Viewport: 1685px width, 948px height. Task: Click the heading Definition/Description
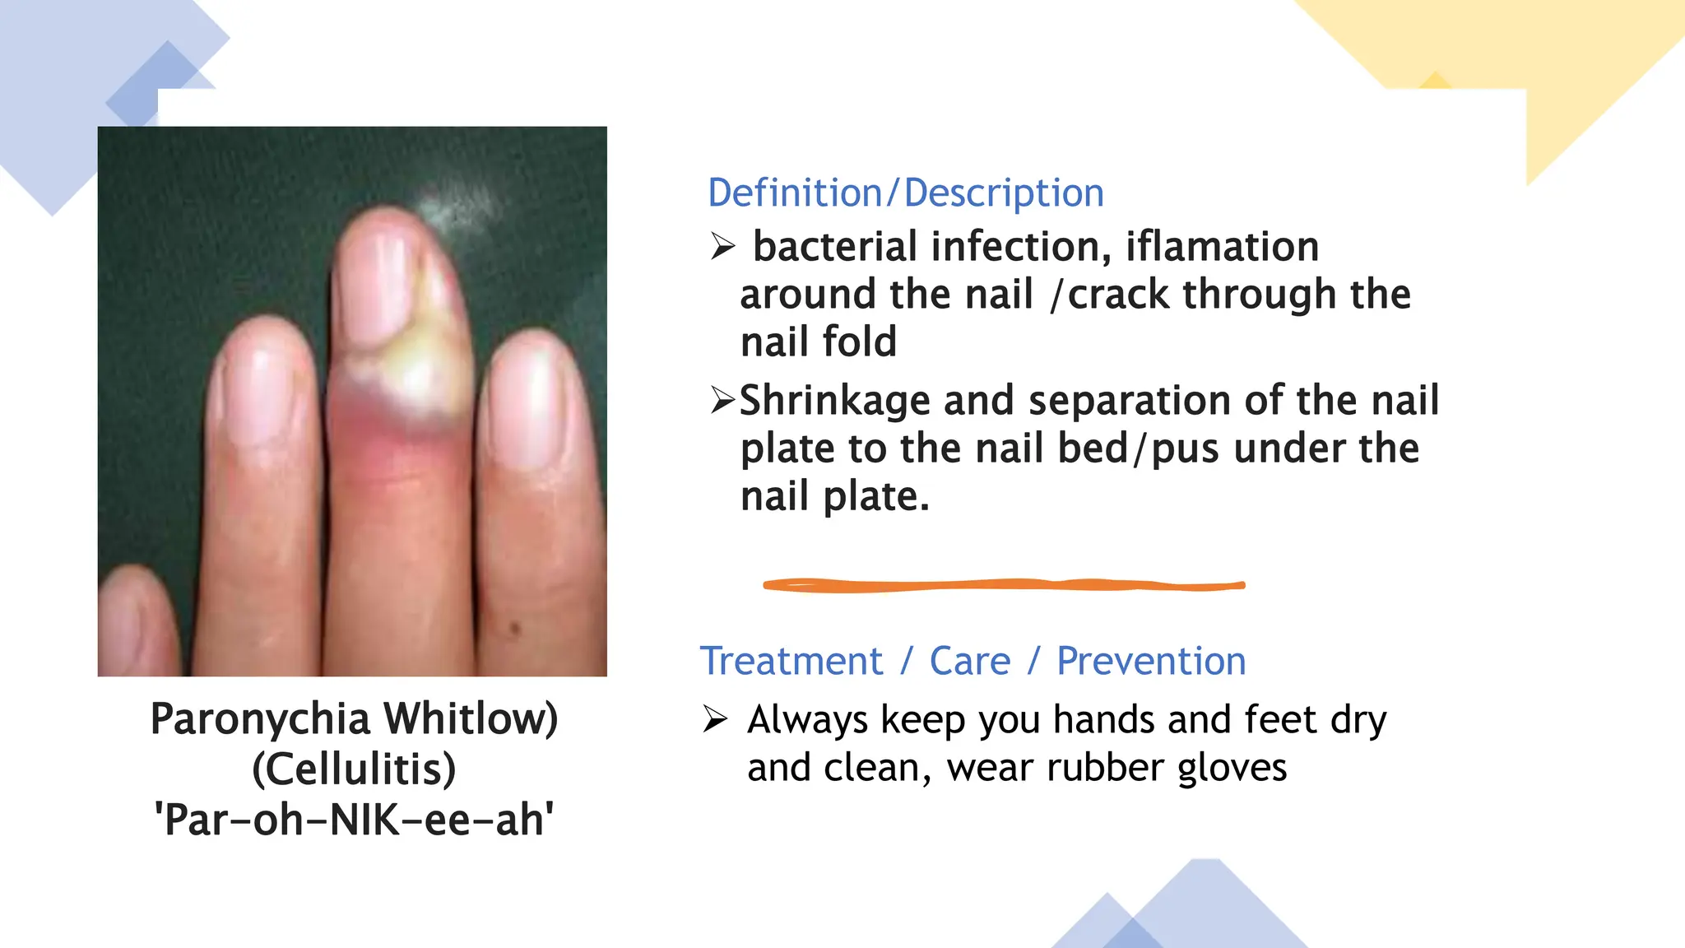tap(905, 193)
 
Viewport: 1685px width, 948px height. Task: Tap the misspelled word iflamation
tap(1222, 247)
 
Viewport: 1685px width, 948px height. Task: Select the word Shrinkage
tap(834, 401)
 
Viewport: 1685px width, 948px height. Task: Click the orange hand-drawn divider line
tap(1004, 585)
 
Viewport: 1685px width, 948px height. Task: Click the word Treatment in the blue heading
tap(791, 662)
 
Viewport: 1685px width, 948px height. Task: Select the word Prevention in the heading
tap(1151, 662)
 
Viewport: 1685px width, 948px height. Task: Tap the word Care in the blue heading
tap(970, 662)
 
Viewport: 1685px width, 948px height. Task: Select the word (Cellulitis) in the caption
tap(354, 769)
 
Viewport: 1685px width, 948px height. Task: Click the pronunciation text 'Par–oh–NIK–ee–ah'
tap(354, 820)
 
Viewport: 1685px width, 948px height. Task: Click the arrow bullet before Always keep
tap(715, 719)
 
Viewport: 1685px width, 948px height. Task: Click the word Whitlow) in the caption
tap(471, 719)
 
